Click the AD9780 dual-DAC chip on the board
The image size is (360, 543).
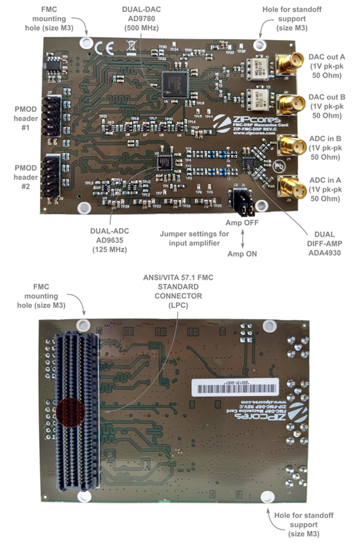[178, 84]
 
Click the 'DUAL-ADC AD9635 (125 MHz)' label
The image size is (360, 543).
[109, 240]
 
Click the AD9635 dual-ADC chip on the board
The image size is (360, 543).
[165, 161]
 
